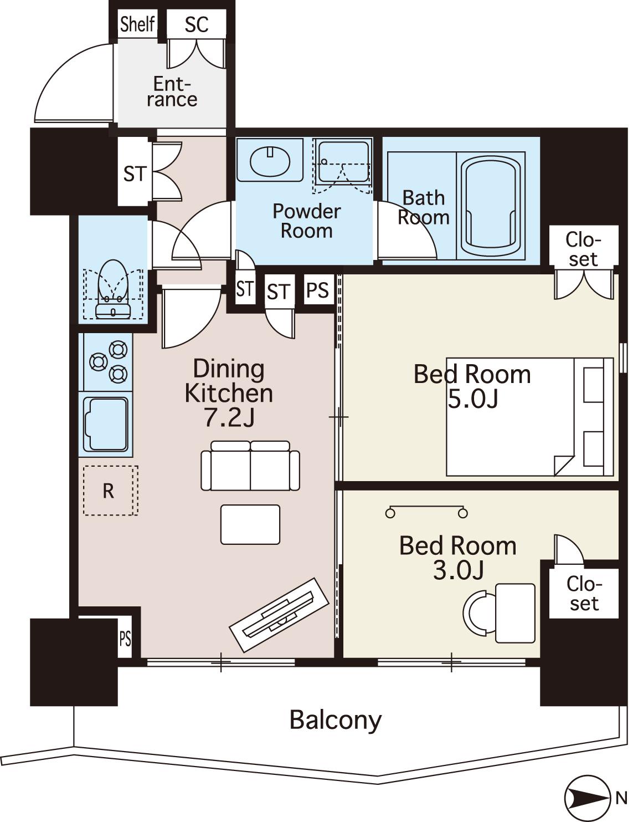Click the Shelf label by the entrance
click(x=137, y=24)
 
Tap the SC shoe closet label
click(x=197, y=24)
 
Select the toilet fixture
click(x=113, y=289)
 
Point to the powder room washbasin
click(x=270, y=161)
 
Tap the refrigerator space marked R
click(x=110, y=491)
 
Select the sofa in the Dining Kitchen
click(x=250, y=466)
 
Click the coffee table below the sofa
click(x=250, y=525)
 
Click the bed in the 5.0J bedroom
click(x=529, y=416)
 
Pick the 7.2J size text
click(x=229, y=417)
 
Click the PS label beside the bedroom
click(x=317, y=290)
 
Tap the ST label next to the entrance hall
click(x=135, y=174)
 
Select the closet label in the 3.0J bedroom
click(x=584, y=593)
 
